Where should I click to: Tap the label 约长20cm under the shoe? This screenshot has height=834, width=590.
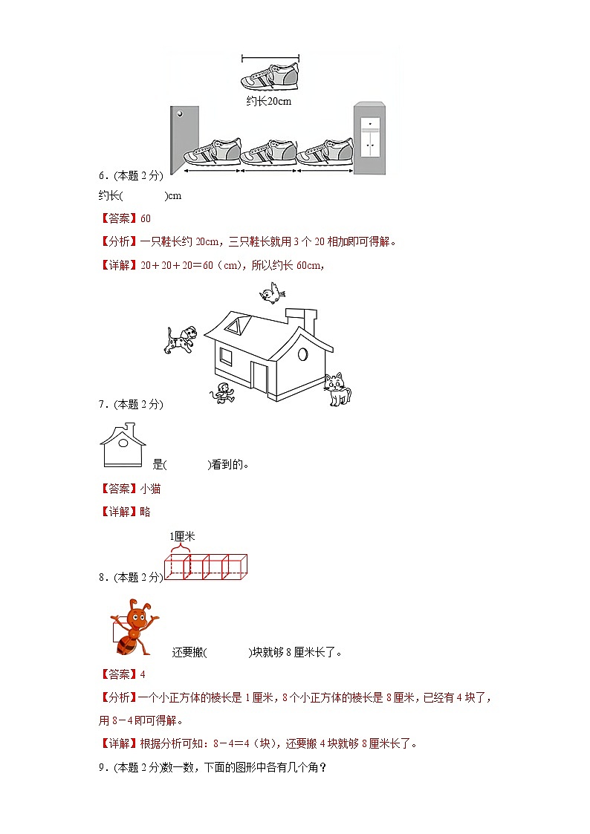(x=268, y=101)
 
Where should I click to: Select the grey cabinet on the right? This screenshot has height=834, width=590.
(x=369, y=139)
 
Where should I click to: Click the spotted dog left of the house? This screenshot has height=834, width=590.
(x=181, y=339)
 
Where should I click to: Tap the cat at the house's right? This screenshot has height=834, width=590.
(x=337, y=389)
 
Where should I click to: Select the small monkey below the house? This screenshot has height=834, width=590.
(x=222, y=394)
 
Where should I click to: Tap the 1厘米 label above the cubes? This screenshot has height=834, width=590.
(x=182, y=535)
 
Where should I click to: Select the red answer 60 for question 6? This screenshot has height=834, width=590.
(x=145, y=218)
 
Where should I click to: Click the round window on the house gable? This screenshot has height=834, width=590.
(x=303, y=354)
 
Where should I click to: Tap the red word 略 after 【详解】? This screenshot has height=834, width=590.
(x=145, y=512)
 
